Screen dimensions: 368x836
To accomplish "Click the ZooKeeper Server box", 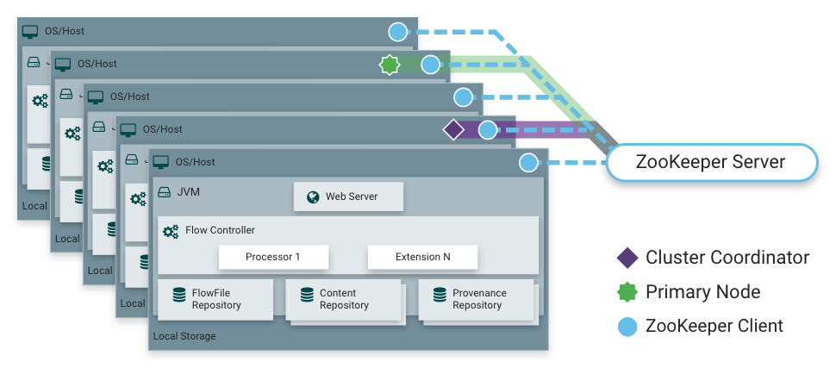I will click(710, 162).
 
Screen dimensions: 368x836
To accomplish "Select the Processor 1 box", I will click(272, 257).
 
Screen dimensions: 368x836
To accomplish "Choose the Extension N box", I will click(422, 257).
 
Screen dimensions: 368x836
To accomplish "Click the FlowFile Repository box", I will click(215, 299).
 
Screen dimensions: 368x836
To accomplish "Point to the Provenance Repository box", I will click(476, 299).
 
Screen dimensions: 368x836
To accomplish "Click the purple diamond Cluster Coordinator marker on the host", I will click(453, 130).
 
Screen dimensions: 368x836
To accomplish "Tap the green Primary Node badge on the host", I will click(390, 65).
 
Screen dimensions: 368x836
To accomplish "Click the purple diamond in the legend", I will click(627, 258).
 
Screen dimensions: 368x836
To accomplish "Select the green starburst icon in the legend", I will click(627, 291).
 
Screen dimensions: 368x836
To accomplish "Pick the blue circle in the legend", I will click(627, 326).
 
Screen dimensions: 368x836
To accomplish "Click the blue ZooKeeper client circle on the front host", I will click(529, 162).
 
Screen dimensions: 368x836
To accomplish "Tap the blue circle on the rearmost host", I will click(397, 32).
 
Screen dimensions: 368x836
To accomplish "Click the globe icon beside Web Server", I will click(311, 196).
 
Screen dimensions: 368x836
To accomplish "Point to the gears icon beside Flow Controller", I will click(171, 231).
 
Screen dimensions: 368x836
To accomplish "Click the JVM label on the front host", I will click(188, 192).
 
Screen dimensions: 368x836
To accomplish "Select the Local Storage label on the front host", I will click(184, 336).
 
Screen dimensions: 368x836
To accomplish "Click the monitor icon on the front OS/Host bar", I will click(161, 162).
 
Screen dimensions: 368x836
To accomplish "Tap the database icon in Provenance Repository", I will click(440, 294).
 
